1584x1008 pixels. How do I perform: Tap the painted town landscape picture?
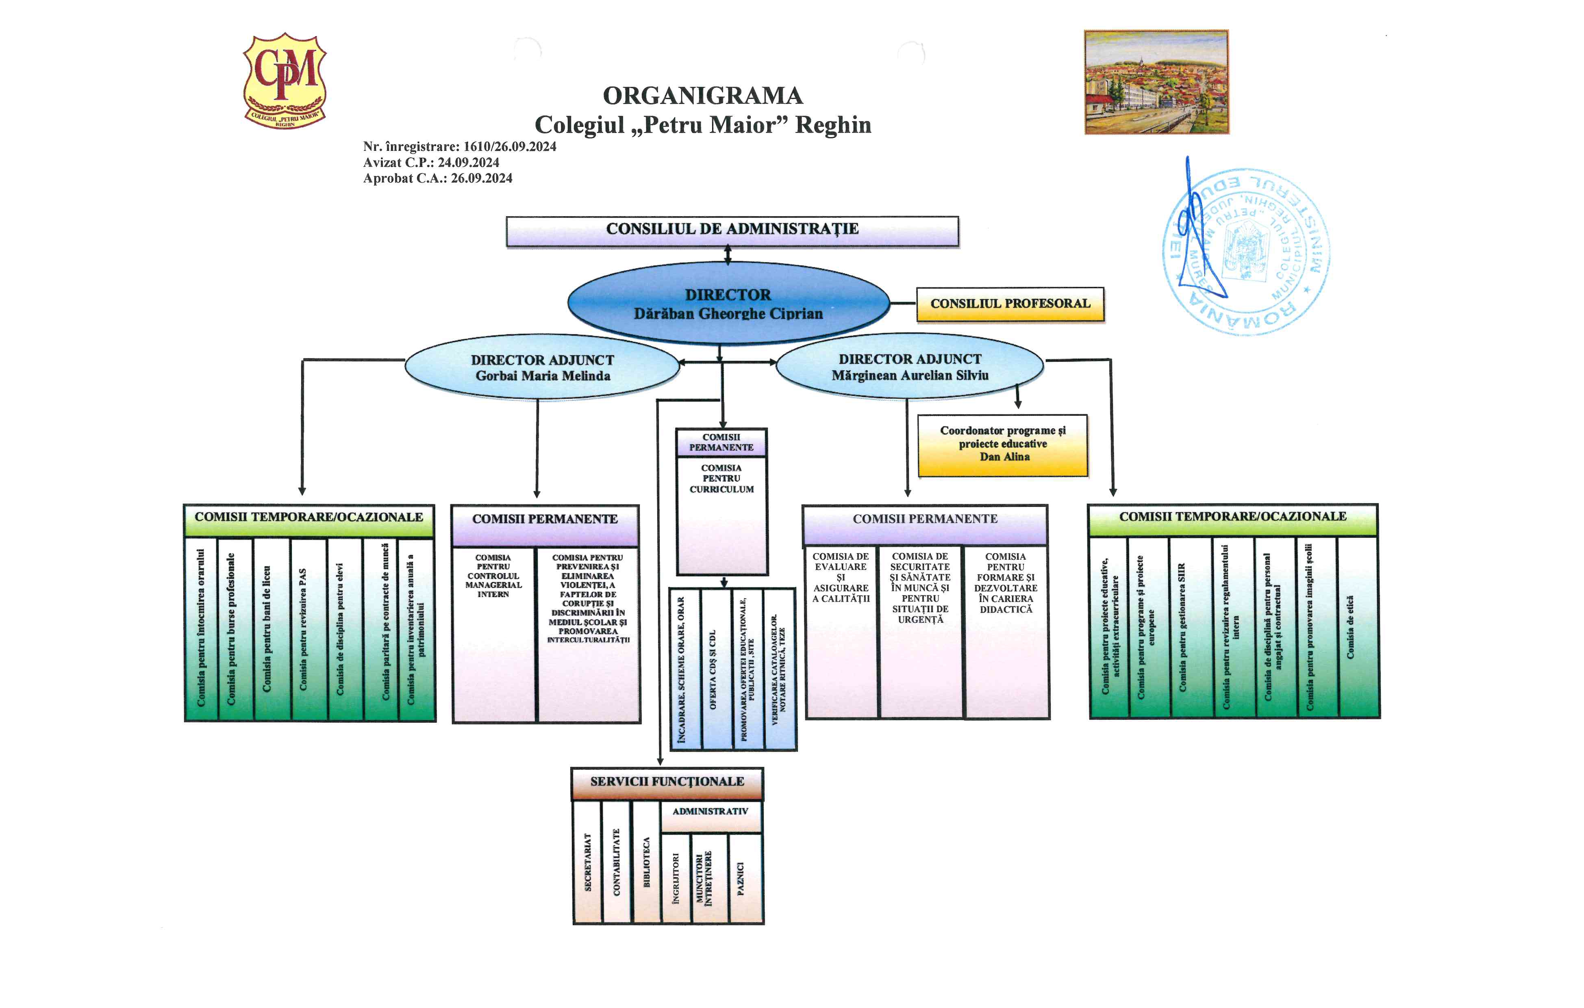(1156, 82)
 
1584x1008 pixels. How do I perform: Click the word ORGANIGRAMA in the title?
(702, 96)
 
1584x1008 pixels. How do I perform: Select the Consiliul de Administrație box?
(732, 231)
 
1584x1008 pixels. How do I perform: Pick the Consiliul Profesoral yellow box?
(1010, 304)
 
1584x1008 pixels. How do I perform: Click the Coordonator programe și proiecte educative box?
(1002, 445)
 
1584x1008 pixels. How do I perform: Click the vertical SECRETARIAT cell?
(587, 862)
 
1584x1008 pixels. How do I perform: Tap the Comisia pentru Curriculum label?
(721, 479)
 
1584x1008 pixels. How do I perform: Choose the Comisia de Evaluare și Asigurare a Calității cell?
(841, 578)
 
